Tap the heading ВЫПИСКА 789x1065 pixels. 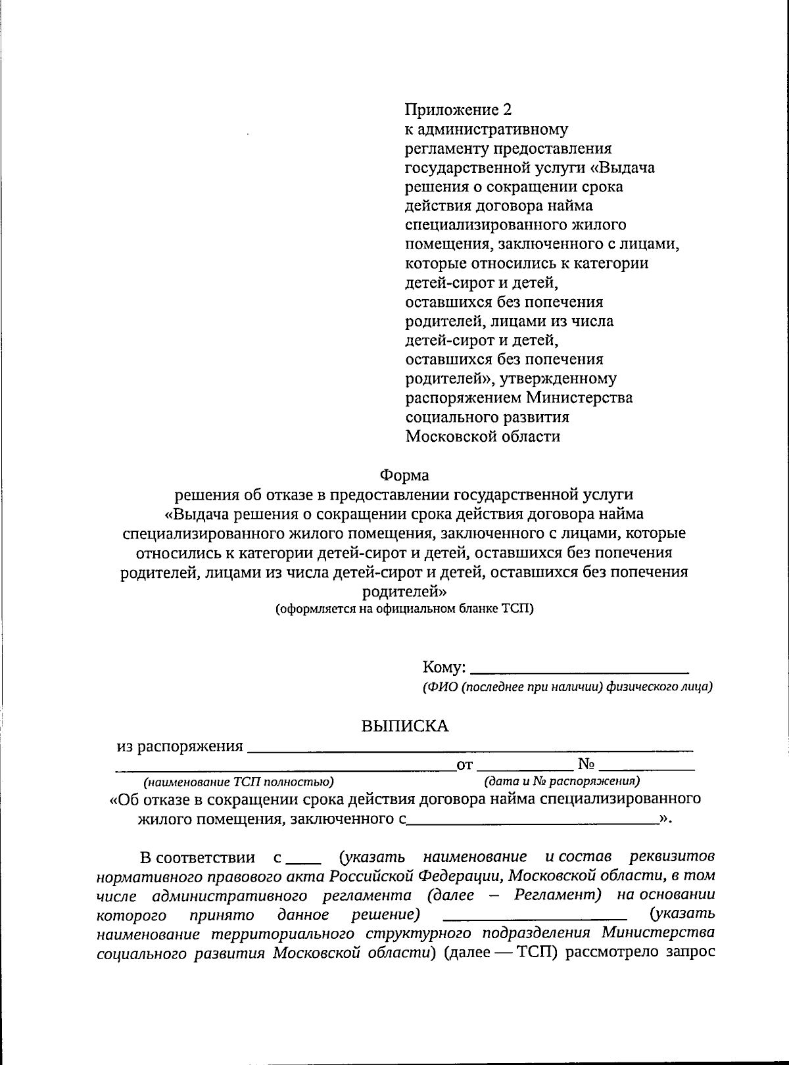(405, 726)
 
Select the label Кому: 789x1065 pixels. (444, 668)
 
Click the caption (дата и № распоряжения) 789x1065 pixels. (562, 782)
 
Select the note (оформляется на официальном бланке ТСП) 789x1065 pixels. (404, 609)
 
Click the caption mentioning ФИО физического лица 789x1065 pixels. (567, 688)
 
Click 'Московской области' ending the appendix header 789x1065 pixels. (483, 436)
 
